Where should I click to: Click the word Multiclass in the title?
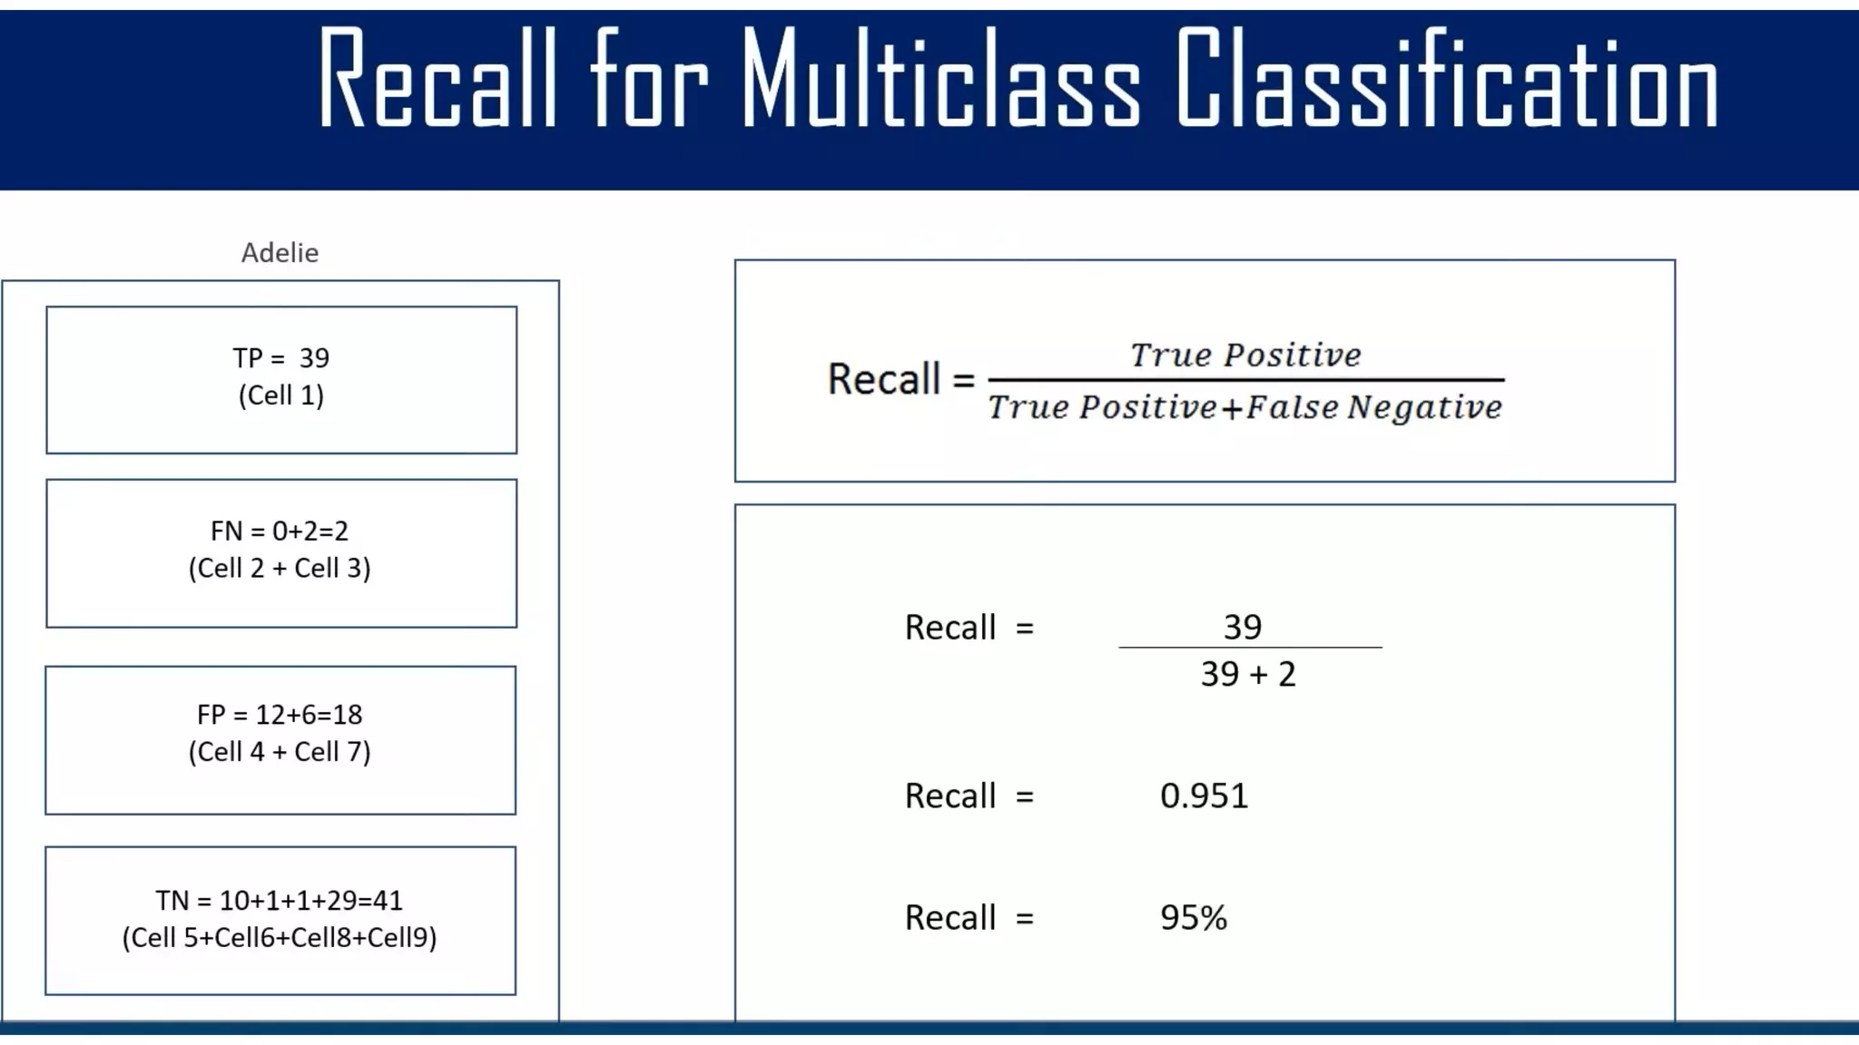coord(939,80)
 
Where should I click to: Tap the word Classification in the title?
coord(1447,80)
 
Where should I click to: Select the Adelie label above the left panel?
coord(280,253)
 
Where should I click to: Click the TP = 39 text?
coord(281,358)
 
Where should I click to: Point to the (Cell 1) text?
coord(281,396)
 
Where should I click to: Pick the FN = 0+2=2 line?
coord(280,531)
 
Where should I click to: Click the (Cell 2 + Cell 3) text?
coord(280,569)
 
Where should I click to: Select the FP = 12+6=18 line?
coord(280,715)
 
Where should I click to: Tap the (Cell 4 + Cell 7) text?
coord(280,752)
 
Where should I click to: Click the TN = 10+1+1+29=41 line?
coord(280,901)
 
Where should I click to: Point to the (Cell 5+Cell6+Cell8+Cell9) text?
coord(280,938)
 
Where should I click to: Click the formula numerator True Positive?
coord(1245,355)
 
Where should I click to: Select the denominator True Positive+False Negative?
coord(1245,407)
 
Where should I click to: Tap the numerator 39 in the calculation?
coord(1243,627)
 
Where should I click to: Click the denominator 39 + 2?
coord(1248,675)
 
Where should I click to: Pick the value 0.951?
coord(1204,796)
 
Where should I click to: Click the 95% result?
coord(1194,918)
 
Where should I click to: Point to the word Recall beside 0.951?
coord(949,796)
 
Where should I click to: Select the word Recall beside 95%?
coord(949,918)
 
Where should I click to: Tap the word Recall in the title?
coord(437,80)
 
